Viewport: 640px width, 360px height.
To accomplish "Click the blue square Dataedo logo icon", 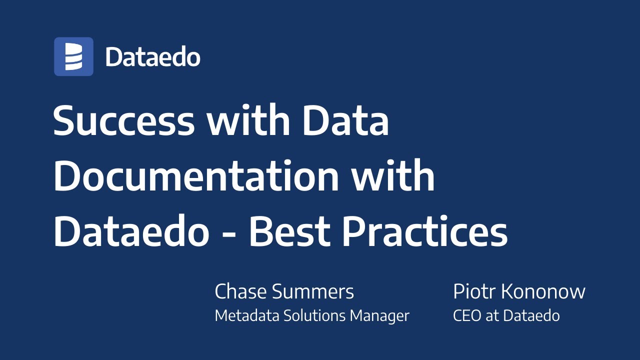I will point(73,56).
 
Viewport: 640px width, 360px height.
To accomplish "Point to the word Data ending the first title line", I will point(345,121).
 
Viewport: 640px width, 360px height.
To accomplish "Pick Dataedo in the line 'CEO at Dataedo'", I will point(531,316).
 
